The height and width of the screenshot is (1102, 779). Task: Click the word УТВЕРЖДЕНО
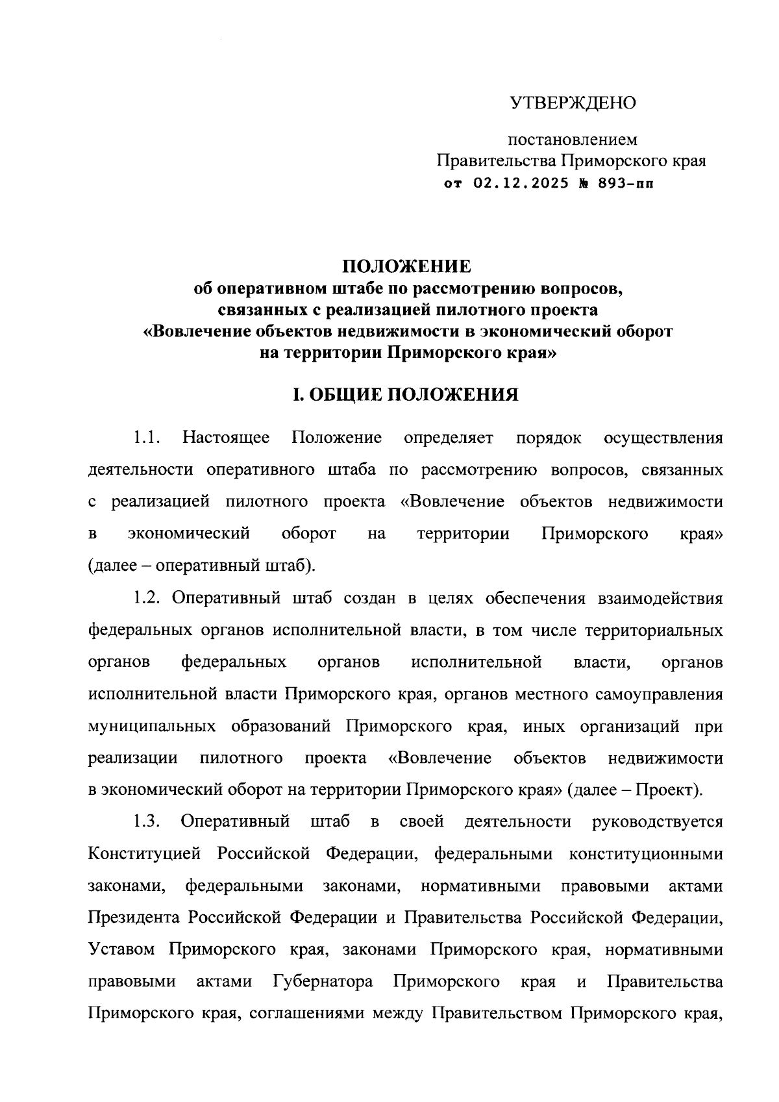pyautogui.click(x=573, y=103)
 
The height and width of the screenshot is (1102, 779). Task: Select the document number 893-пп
pyautogui.click(x=616, y=184)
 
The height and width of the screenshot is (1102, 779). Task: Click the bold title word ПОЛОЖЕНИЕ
pyautogui.click(x=407, y=266)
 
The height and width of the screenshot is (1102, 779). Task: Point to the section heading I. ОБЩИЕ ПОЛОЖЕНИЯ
pyautogui.click(x=406, y=394)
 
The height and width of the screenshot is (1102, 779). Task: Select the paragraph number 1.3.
pyautogui.click(x=147, y=821)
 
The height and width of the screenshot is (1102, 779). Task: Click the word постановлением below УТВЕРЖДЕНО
pyautogui.click(x=572, y=139)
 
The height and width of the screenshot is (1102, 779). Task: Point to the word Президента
pyautogui.click(x=134, y=918)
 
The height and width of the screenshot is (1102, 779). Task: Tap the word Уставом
pyautogui.click(x=121, y=949)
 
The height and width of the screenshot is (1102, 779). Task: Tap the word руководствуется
pyautogui.click(x=657, y=821)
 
